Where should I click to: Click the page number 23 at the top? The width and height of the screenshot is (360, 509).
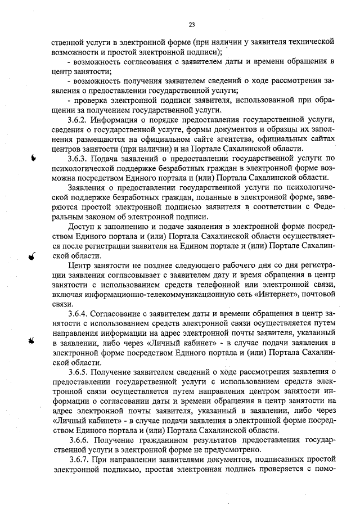point(191,24)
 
